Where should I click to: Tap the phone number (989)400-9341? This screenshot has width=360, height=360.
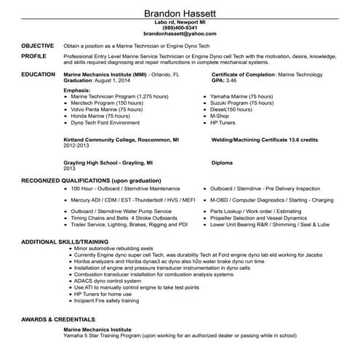tap(180, 28)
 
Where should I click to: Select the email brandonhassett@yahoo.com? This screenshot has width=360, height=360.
tap(180, 33)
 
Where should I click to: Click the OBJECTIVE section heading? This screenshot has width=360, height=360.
tap(37, 44)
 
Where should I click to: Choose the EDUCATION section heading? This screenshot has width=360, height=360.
tap(39, 74)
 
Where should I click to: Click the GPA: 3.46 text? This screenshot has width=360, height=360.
tap(226, 80)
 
